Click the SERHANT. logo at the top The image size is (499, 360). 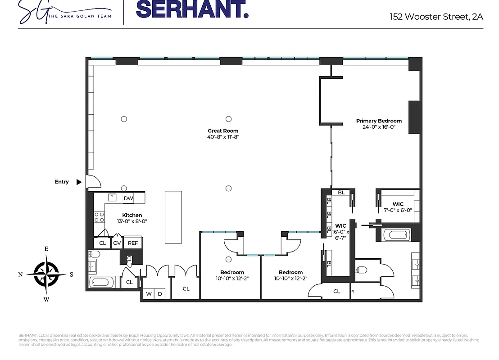point(192,10)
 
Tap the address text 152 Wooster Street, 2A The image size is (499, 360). point(436,17)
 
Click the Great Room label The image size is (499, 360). point(223,131)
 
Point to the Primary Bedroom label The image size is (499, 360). point(379,121)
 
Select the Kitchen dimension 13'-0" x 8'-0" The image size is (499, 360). point(132,221)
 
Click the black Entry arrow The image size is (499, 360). point(79,182)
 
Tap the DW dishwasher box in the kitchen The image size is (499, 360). point(128,198)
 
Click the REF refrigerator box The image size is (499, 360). point(133,243)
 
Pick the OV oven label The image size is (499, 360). point(117,243)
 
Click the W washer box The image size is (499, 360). point(149,294)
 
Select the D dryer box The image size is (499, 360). point(159,294)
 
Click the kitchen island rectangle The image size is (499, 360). point(173,217)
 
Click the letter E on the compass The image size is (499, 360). point(46,249)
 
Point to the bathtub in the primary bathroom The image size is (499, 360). point(396,235)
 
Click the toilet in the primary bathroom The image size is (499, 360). point(362,270)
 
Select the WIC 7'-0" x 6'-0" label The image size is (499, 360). point(398,207)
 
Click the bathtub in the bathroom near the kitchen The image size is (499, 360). point(103,283)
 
